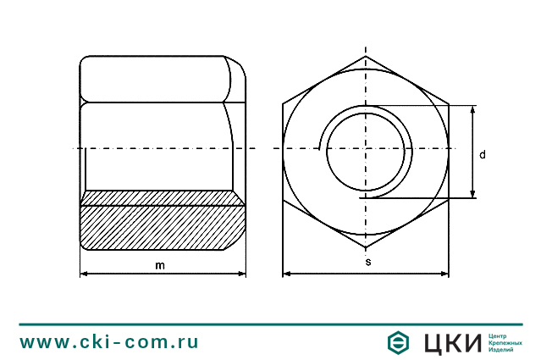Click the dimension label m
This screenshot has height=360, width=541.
click(160, 264)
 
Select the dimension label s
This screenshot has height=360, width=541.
click(367, 263)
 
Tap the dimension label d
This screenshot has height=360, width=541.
click(482, 154)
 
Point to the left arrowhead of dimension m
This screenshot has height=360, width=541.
click(84, 274)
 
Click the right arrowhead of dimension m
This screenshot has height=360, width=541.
click(242, 274)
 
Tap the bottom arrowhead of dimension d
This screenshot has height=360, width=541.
click(472, 194)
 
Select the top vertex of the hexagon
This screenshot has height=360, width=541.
click(366, 57)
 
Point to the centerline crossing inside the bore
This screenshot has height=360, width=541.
click(366, 149)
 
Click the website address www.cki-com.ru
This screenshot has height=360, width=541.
click(109, 342)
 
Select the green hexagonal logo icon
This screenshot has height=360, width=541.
click(398, 342)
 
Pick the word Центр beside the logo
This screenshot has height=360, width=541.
click(500, 335)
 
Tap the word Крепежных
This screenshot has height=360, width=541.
click(505, 342)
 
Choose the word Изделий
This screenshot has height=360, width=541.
click(502, 350)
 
